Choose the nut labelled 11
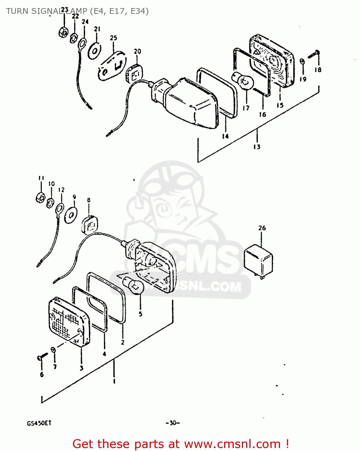(40, 197)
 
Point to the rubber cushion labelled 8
(90, 224)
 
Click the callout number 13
(257, 147)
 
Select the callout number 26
(262, 228)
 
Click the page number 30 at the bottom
(172, 423)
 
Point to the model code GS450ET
(39, 423)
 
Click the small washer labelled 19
(303, 62)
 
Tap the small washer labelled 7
(53, 349)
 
